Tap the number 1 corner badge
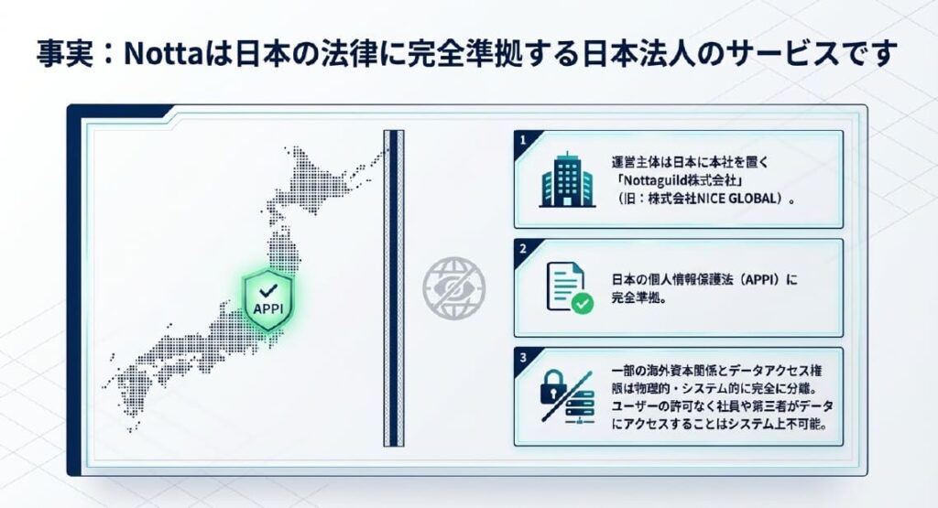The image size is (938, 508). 523,141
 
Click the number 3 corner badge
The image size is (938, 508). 523,357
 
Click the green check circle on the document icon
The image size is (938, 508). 581,301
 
